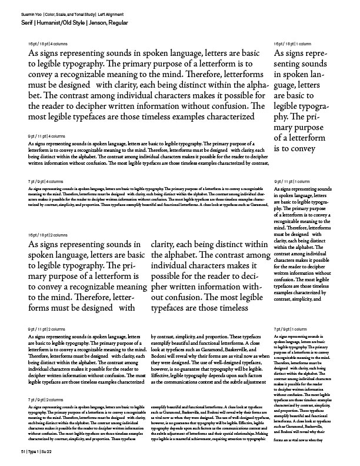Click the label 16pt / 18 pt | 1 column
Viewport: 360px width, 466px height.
pyautogui.click(x=292, y=44)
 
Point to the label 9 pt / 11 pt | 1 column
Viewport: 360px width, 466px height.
pyautogui.click(x=292, y=181)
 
